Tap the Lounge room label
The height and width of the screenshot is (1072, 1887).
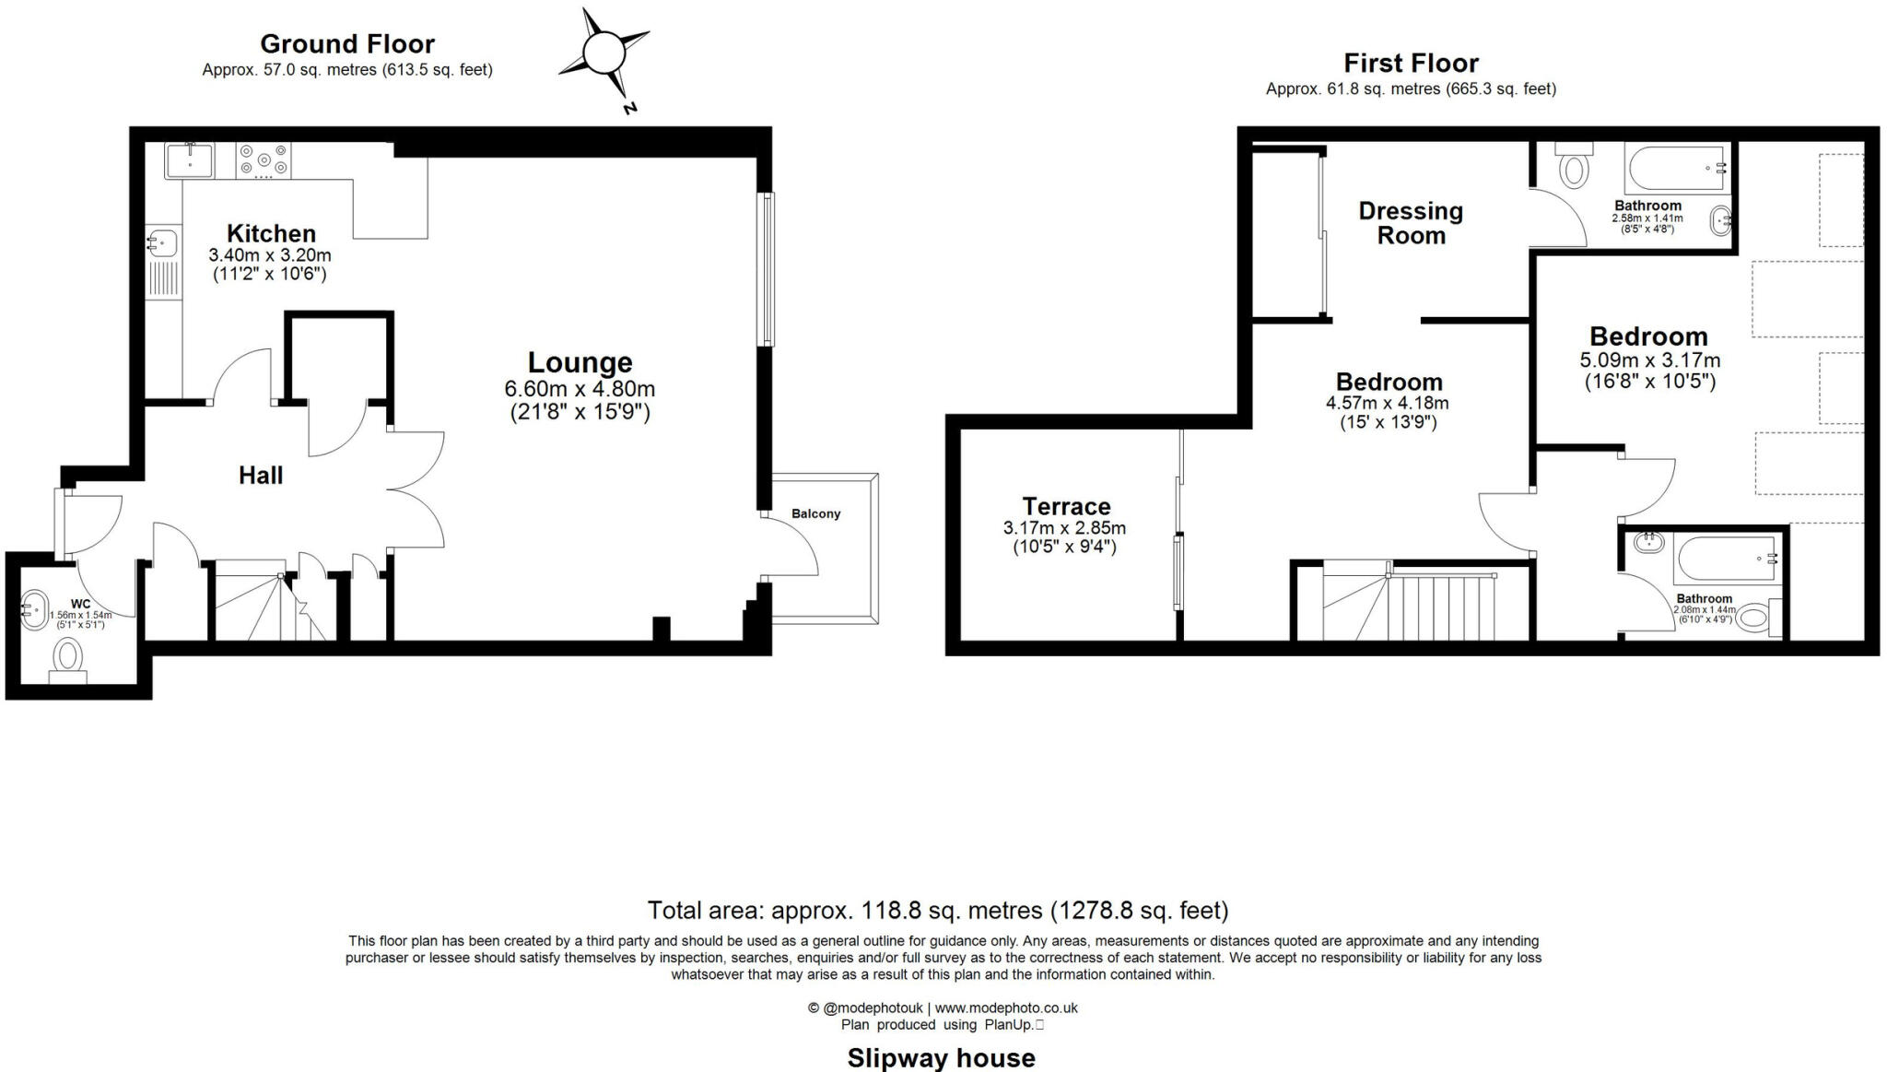coord(580,362)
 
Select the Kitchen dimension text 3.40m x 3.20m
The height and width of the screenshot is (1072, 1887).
coord(270,255)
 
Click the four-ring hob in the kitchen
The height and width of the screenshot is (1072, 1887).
coord(264,159)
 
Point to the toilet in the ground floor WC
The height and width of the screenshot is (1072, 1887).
coord(68,659)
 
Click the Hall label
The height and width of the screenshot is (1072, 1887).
coord(261,476)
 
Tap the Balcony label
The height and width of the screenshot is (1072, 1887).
coord(815,513)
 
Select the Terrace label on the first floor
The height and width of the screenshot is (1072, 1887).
coord(1066,506)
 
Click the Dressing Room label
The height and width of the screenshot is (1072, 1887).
coord(1411,223)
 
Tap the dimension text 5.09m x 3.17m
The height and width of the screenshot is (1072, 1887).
coord(1649,360)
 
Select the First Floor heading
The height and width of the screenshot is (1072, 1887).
coord(1411,63)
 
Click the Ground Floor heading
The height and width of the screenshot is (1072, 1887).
coord(347,43)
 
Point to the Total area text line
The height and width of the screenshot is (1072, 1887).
coord(937,911)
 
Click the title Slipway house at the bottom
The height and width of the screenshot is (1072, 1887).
coord(941,1057)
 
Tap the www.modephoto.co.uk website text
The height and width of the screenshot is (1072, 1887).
coord(1006,1008)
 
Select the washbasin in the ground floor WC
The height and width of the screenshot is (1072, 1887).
coord(34,609)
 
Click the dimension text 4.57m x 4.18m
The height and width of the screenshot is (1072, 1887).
coord(1387,403)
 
